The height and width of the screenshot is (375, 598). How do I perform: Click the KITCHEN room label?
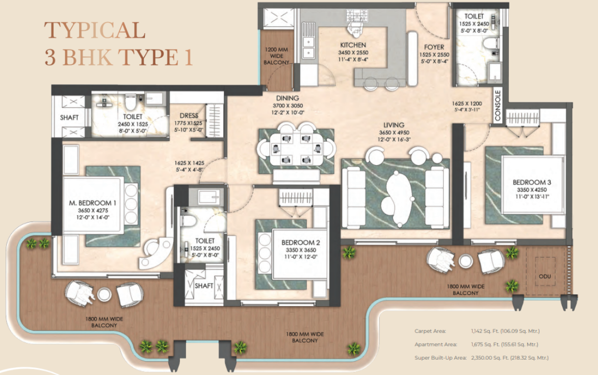pos(353,45)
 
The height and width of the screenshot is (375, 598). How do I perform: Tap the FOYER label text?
pos(434,47)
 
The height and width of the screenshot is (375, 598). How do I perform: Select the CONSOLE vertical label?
pos(498,106)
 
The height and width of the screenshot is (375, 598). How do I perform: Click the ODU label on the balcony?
pos(544,276)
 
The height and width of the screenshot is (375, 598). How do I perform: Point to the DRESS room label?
pos(189,116)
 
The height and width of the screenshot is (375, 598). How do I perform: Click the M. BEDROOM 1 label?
pos(93,203)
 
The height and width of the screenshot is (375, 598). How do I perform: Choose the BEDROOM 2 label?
pos(300,243)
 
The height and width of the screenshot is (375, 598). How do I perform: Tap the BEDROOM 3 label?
pos(532,182)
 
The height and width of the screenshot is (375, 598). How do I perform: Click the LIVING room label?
pos(394,125)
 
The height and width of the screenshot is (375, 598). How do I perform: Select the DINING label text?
pos(288,98)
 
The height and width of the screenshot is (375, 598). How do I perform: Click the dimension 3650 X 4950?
pos(394,133)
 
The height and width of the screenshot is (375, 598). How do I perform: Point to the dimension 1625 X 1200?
pos(467,104)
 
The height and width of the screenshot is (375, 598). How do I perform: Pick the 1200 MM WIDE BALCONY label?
pos(276,56)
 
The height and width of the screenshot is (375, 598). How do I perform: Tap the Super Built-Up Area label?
pos(440,358)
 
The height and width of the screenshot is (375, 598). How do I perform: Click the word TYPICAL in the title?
pos(95,31)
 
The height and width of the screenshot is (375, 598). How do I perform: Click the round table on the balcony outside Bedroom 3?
pos(465,261)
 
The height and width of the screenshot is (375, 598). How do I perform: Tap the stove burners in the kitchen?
pos(356,16)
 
